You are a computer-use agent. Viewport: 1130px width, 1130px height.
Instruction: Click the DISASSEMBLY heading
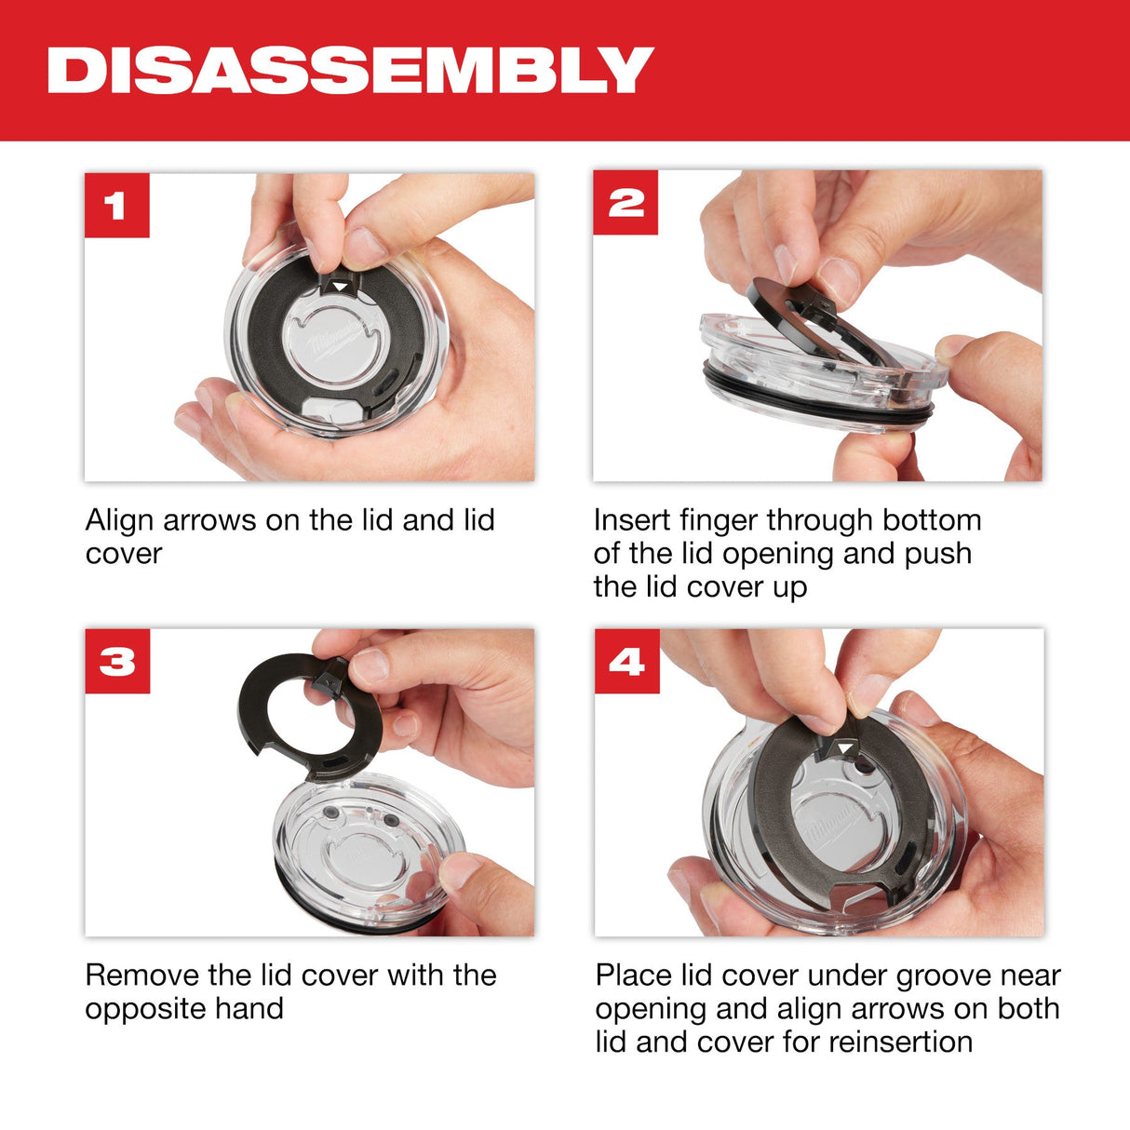pyautogui.click(x=350, y=70)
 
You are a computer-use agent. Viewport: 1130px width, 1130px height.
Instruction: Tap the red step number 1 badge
pyautogui.click(x=116, y=205)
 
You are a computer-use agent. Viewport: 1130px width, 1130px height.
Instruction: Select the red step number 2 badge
pyautogui.click(x=626, y=203)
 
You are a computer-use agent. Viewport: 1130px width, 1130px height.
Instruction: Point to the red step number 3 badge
pyautogui.click(x=117, y=662)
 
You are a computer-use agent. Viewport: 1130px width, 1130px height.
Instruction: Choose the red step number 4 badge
pyautogui.click(x=626, y=662)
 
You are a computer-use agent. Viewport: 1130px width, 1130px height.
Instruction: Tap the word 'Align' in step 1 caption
pyautogui.click(x=120, y=519)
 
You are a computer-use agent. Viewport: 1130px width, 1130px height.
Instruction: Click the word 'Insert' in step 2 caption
pyautogui.click(x=632, y=519)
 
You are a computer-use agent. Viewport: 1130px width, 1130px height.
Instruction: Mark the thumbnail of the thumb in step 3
pyautogui.click(x=459, y=870)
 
